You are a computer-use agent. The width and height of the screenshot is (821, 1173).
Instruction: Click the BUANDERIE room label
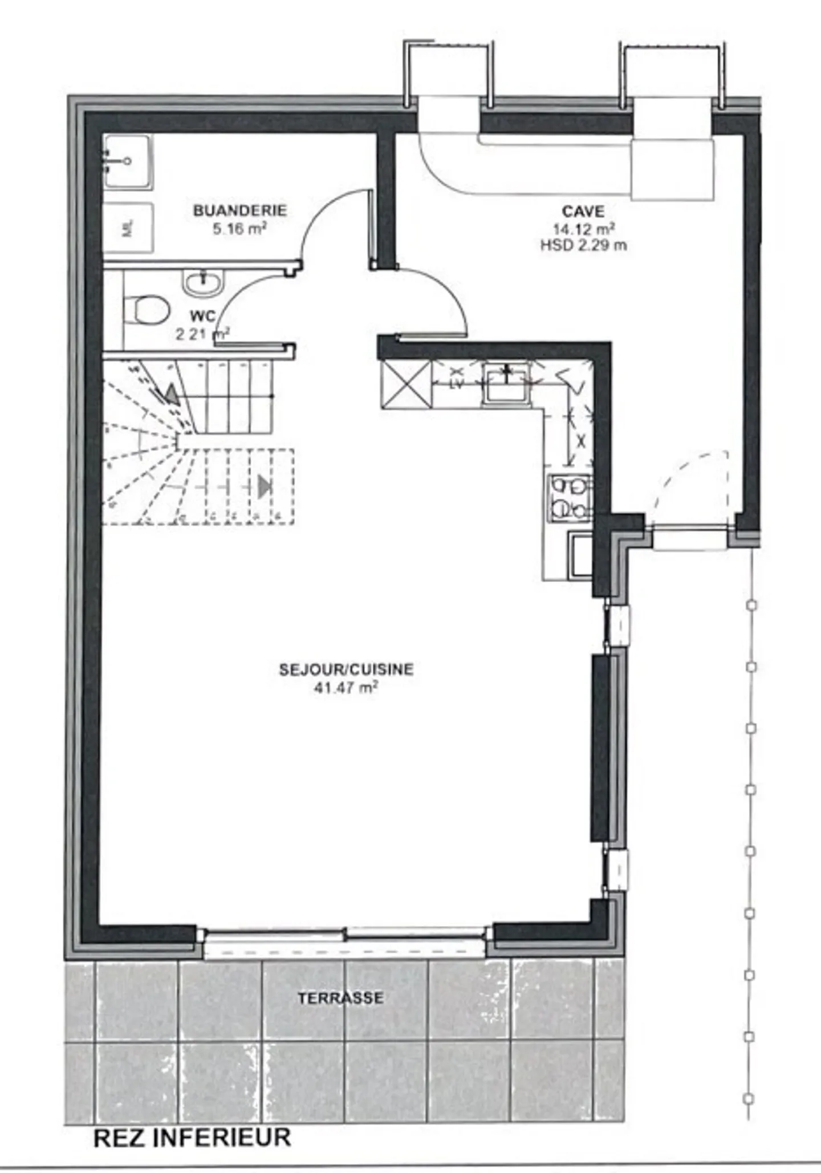(x=239, y=210)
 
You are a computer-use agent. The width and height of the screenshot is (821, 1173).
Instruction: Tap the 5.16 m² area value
(x=239, y=229)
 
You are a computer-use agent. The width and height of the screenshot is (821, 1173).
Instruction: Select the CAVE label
(x=583, y=212)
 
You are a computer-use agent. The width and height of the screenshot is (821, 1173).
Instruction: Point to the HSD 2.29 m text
(x=583, y=246)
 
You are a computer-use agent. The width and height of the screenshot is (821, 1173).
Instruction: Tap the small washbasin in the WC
(x=202, y=282)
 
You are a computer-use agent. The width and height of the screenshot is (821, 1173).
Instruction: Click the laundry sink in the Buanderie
(x=128, y=162)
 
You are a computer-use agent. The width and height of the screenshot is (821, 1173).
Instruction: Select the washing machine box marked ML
(x=128, y=229)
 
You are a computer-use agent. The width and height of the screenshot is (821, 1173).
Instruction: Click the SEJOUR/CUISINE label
(x=346, y=669)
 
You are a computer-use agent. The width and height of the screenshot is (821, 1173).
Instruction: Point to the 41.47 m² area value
(x=346, y=688)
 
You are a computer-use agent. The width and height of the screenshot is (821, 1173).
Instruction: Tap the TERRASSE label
(x=340, y=998)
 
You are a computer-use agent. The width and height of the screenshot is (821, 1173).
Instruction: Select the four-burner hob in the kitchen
(x=570, y=498)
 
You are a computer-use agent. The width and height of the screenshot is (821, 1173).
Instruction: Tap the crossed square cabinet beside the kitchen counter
(x=406, y=385)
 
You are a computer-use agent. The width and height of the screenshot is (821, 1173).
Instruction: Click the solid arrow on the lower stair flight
(x=264, y=486)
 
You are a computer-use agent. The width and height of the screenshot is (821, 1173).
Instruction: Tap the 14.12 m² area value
(x=583, y=229)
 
